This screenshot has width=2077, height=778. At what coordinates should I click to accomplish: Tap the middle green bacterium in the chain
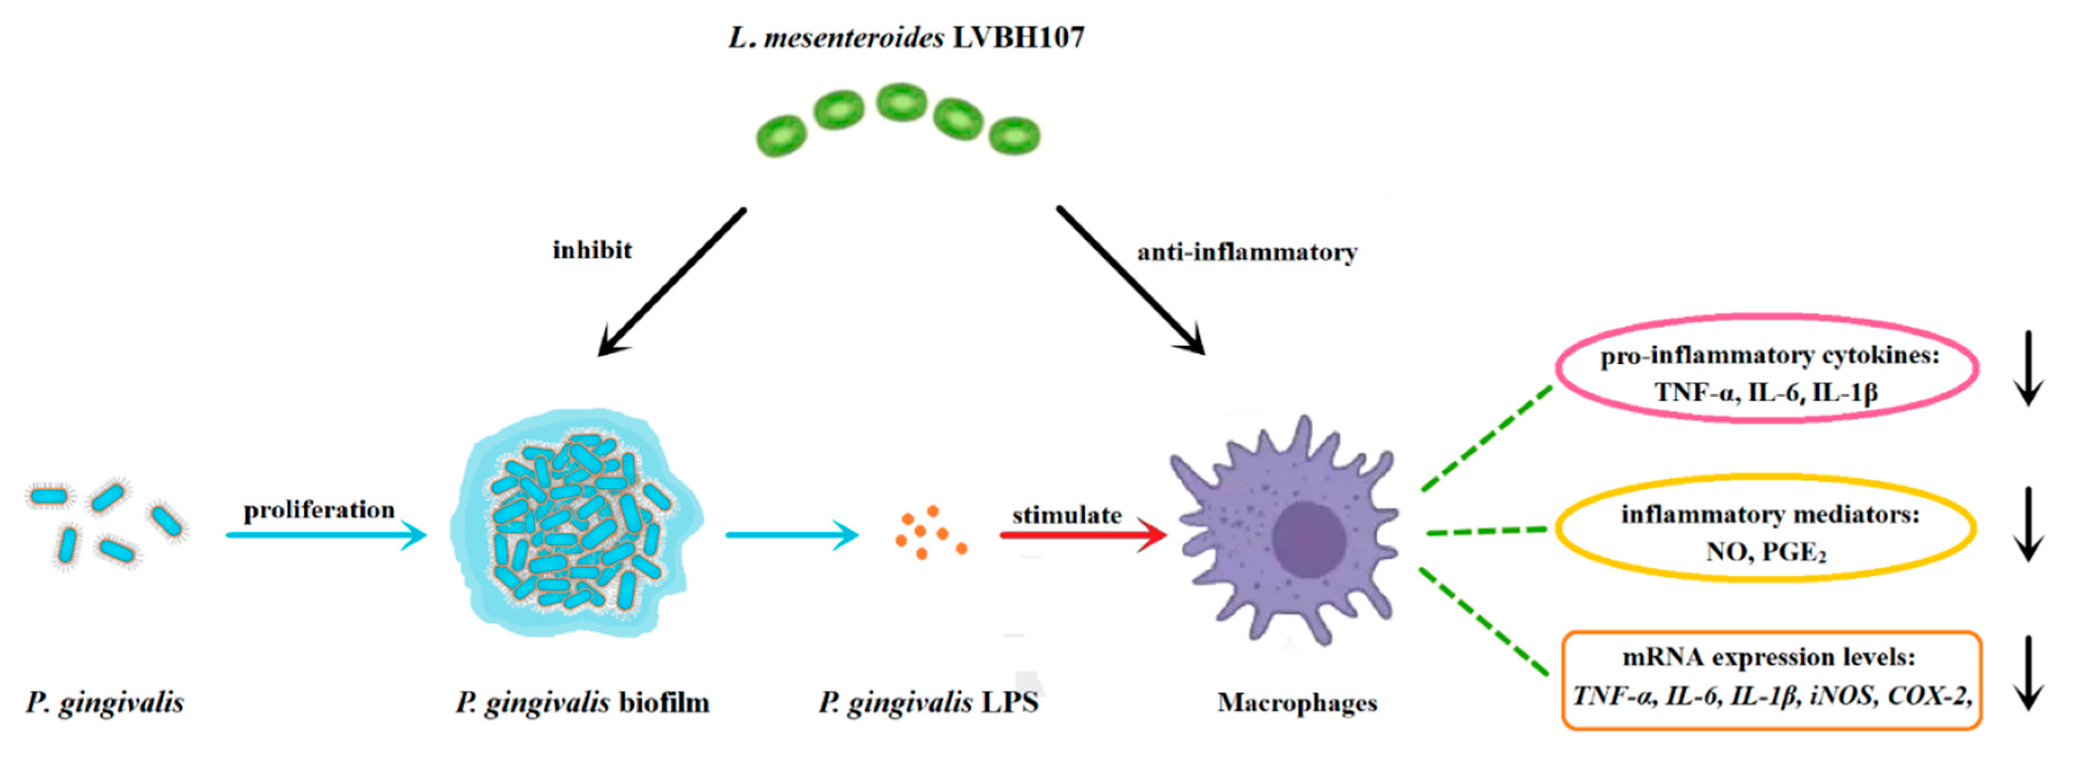tap(901, 103)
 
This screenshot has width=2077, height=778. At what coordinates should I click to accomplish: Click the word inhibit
tap(592, 251)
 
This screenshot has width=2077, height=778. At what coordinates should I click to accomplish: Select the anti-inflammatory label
tap(1247, 253)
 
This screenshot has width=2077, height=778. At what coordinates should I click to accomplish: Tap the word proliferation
tap(319, 510)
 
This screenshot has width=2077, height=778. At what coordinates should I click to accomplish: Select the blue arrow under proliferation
tap(326, 535)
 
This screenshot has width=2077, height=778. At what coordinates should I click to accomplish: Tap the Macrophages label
tap(1296, 703)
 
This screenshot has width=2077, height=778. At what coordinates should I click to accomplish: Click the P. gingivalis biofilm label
tap(582, 703)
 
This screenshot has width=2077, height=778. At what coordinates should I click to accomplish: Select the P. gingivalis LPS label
tap(928, 703)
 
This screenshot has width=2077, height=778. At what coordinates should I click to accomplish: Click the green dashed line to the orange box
tap(1483, 621)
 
